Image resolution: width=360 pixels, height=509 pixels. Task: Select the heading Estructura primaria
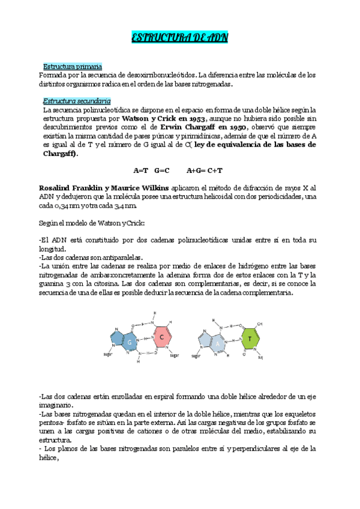tap(72, 66)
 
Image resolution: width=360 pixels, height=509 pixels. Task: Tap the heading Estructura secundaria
tap(76, 101)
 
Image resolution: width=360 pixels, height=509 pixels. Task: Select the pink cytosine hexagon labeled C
tap(162, 337)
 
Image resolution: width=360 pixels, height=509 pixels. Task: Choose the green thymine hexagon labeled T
tap(249, 339)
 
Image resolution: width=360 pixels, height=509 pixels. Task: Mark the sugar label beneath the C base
tap(174, 355)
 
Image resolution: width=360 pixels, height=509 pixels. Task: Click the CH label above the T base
tap(260, 323)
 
